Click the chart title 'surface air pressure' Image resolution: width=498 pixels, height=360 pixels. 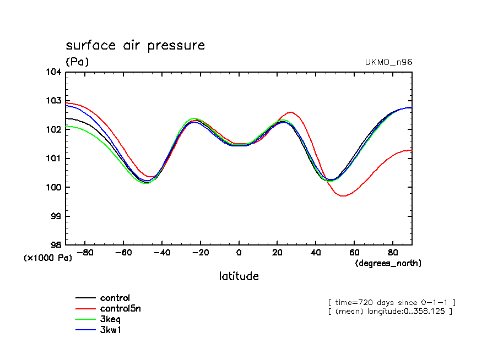coord(135,45)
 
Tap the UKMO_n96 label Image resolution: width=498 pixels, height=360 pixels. coord(388,62)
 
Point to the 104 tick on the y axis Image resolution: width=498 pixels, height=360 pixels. coord(56,72)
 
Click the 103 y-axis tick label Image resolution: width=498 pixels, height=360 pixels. coord(56,101)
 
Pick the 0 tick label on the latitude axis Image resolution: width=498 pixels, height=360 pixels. coord(239,253)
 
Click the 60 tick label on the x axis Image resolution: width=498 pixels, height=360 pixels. coord(354,253)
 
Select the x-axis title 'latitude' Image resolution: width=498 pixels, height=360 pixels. coord(239,276)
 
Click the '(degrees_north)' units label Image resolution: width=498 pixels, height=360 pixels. coord(388,263)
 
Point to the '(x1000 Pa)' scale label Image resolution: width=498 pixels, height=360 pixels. coord(47,257)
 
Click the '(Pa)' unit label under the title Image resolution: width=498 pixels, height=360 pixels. coord(77,62)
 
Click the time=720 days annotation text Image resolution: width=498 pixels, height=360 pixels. coord(392,303)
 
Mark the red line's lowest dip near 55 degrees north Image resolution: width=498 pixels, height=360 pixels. coord(343,196)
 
